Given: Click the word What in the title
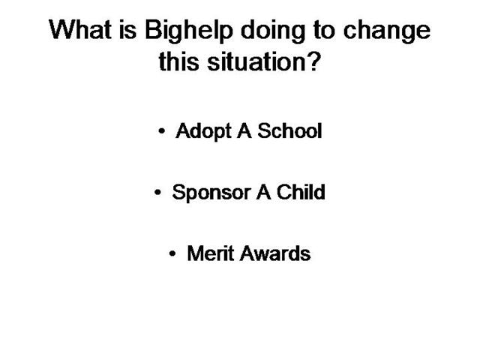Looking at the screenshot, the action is point(80,30).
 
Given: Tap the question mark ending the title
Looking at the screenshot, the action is point(313,61).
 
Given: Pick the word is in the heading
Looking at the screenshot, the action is point(127,30).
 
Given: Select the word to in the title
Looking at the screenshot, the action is point(324,31).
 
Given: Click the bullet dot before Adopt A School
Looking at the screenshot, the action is point(162,131).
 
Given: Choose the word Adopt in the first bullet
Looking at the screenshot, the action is point(203,132).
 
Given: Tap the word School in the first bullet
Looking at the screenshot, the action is point(289,130).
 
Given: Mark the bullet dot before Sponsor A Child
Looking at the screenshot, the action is point(157,193).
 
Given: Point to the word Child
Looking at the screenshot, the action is point(301,192).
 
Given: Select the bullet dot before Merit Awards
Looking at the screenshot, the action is point(172,253).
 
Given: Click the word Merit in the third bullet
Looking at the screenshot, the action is point(211,253).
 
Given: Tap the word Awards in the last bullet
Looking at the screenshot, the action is point(275,253).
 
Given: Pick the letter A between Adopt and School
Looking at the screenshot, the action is point(244,130).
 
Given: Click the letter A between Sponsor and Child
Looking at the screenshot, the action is point(263,192).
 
